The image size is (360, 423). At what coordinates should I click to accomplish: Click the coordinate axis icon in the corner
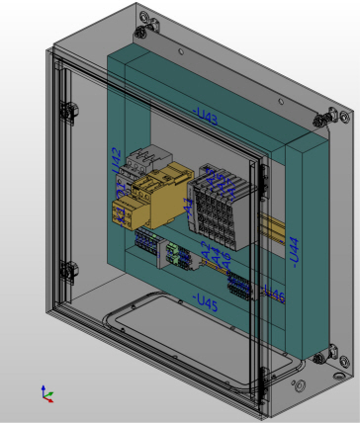click(46, 393)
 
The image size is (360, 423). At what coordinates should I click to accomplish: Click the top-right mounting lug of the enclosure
click(322, 118)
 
